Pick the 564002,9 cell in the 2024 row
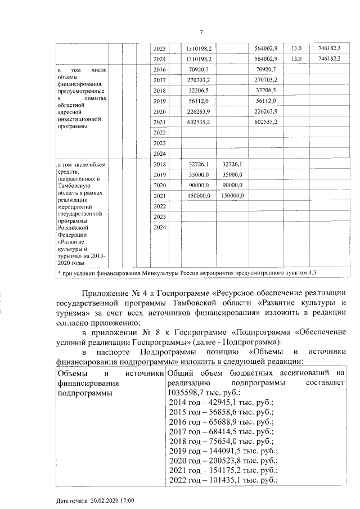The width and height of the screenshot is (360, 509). pos(266,58)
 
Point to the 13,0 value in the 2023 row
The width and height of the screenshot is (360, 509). pos(296,48)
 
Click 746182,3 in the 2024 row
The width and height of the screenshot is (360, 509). pos(330,58)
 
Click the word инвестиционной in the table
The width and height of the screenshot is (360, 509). pos(79,119)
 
